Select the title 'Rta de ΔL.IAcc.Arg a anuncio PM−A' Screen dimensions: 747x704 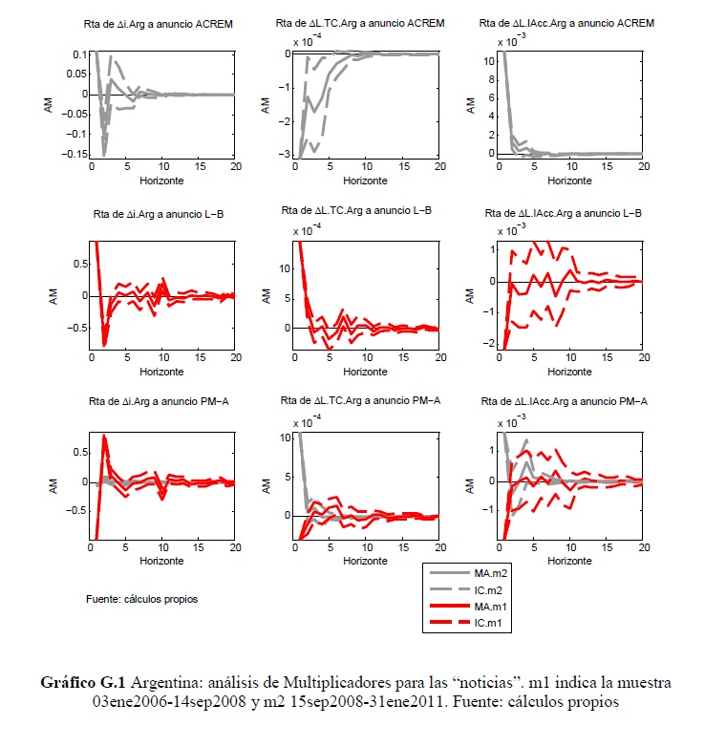(x=566, y=402)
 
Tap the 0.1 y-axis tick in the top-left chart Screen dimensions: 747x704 (x=75, y=54)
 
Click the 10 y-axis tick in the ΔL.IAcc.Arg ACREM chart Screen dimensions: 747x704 (x=488, y=60)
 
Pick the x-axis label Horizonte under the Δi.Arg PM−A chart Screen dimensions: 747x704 (x=161, y=562)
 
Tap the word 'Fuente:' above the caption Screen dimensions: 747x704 (x=103, y=600)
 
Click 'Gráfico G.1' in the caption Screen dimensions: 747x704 (x=84, y=684)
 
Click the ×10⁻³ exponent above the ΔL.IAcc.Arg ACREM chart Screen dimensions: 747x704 (x=514, y=41)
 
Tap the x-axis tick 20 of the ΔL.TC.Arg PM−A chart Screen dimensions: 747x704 (x=437, y=548)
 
